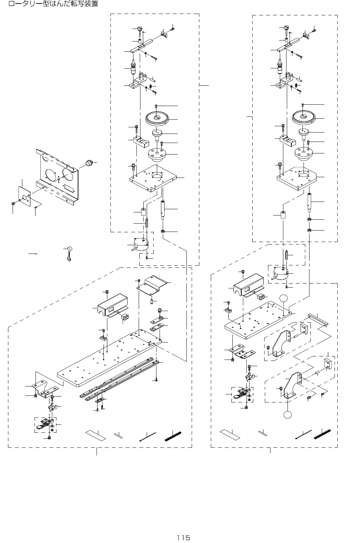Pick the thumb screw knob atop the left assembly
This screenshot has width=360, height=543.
140,29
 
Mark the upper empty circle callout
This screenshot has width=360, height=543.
284,299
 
